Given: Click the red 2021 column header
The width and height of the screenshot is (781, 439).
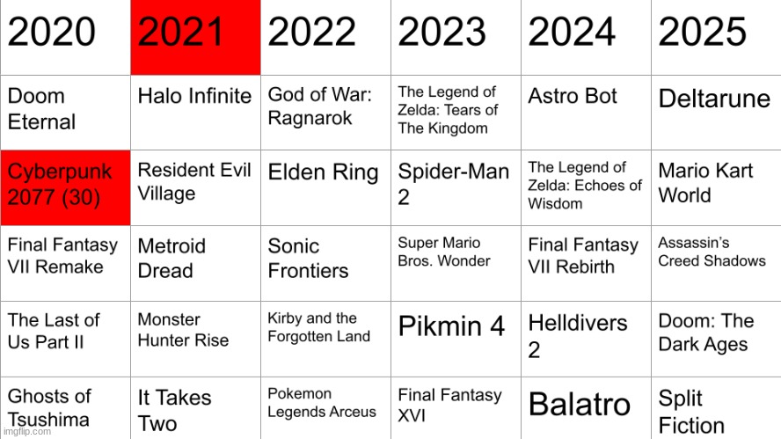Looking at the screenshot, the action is [x=195, y=37].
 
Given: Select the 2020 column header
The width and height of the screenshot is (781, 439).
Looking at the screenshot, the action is [x=65, y=37].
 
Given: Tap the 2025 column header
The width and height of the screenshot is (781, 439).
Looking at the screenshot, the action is [x=716, y=37].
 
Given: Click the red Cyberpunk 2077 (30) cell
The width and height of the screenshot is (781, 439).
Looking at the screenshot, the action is [x=65, y=188].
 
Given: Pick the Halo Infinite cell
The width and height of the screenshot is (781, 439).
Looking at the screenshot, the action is [x=195, y=113].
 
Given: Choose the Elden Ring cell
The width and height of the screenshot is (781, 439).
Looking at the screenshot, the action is [x=325, y=188].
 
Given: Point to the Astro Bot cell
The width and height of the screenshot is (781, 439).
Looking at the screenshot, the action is [x=586, y=113].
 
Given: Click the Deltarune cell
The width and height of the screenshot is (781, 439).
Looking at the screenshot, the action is [x=716, y=113].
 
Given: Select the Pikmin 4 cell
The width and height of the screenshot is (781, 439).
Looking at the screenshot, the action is [x=456, y=339].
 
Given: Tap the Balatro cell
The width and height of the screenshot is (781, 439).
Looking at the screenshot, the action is [x=586, y=408].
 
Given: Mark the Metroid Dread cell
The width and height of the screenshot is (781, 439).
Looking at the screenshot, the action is [x=195, y=263].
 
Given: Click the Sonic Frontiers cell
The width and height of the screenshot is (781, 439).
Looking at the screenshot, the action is [x=325, y=263].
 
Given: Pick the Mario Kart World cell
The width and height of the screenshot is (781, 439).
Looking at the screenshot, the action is [x=716, y=188].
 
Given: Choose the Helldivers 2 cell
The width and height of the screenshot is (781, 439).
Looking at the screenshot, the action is [x=586, y=339].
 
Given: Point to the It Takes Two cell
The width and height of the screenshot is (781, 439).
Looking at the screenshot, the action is [x=195, y=408].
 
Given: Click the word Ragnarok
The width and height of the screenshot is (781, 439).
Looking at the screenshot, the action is [x=310, y=119].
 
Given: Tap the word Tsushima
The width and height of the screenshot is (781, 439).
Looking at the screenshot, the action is [x=48, y=420].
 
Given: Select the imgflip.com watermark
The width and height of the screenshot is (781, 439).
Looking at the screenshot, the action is [x=27, y=432].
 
